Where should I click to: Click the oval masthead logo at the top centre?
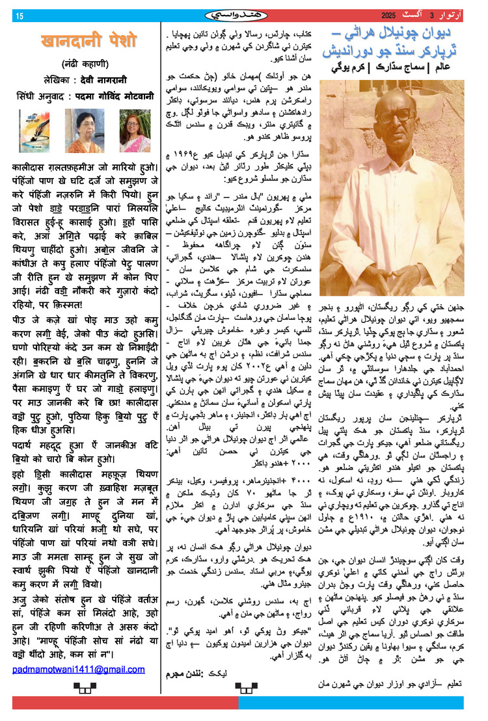point(244,14)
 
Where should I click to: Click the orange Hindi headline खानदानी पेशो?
point(88,42)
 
